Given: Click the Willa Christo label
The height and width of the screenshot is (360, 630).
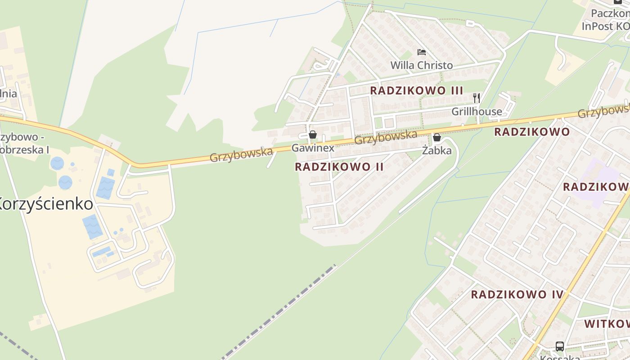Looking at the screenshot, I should click(x=422, y=65).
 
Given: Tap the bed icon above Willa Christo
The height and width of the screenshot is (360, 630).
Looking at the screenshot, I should click(x=422, y=52).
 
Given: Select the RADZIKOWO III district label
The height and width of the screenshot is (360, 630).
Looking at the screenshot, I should click(x=416, y=90).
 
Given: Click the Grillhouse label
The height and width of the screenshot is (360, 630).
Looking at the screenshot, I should click(x=477, y=112).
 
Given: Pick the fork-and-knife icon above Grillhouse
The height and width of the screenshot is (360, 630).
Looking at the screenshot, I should click(x=477, y=98).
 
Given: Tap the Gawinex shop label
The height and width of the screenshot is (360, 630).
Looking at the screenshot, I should click(x=313, y=148).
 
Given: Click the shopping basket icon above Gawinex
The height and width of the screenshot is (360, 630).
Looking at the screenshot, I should click(x=313, y=135).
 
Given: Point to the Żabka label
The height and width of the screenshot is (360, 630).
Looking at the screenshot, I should click(x=436, y=151).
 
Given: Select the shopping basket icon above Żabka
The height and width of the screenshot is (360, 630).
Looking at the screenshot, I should click(x=436, y=137).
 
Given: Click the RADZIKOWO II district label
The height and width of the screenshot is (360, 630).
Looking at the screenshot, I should click(x=339, y=167).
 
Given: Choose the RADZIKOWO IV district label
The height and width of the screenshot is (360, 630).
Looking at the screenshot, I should click(x=517, y=295).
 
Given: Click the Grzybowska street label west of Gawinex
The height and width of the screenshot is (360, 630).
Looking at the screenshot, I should click(x=241, y=154).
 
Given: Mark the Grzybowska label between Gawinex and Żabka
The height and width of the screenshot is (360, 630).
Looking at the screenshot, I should click(x=386, y=137).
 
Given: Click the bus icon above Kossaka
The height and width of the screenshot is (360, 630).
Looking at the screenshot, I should click(x=559, y=346).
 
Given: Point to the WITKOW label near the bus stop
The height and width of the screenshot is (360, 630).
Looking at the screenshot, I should click(x=607, y=324).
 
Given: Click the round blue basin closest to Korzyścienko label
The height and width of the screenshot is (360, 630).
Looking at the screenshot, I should click(x=65, y=182).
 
